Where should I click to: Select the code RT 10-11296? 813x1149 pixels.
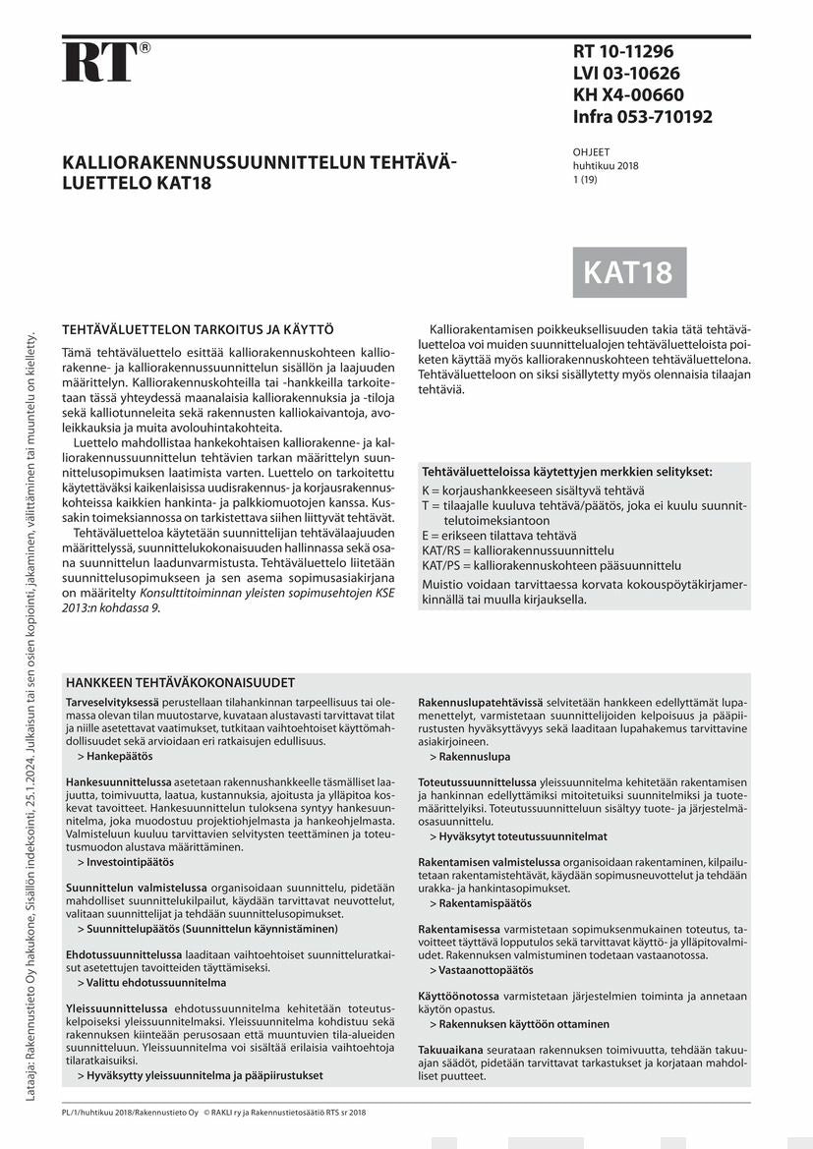623,52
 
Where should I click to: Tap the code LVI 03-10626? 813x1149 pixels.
626,74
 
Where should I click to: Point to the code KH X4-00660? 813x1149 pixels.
628,95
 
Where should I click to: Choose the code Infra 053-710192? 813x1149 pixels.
642,117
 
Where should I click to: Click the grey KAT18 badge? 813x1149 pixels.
629,272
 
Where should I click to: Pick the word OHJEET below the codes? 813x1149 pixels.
591,152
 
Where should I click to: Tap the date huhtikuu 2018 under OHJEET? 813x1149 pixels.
606,166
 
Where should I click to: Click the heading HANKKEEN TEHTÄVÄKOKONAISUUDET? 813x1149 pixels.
180,682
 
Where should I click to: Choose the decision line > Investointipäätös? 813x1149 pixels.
125,861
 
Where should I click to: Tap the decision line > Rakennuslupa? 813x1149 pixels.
469,757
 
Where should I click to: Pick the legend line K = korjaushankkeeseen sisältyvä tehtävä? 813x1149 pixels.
533,489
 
